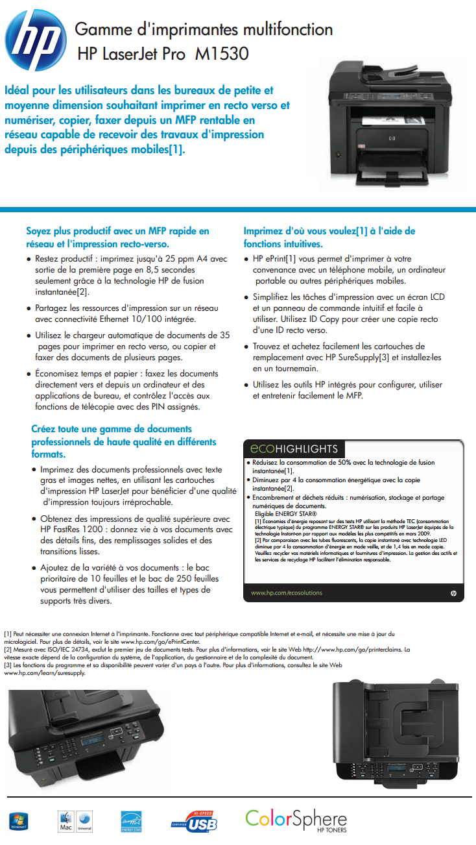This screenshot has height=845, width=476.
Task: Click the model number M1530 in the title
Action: tap(222, 53)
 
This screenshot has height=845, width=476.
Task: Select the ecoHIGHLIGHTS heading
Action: tap(294, 449)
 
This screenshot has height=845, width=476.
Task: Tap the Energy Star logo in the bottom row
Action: tap(132, 822)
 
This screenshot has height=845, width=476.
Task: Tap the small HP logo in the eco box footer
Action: tap(453, 593)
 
